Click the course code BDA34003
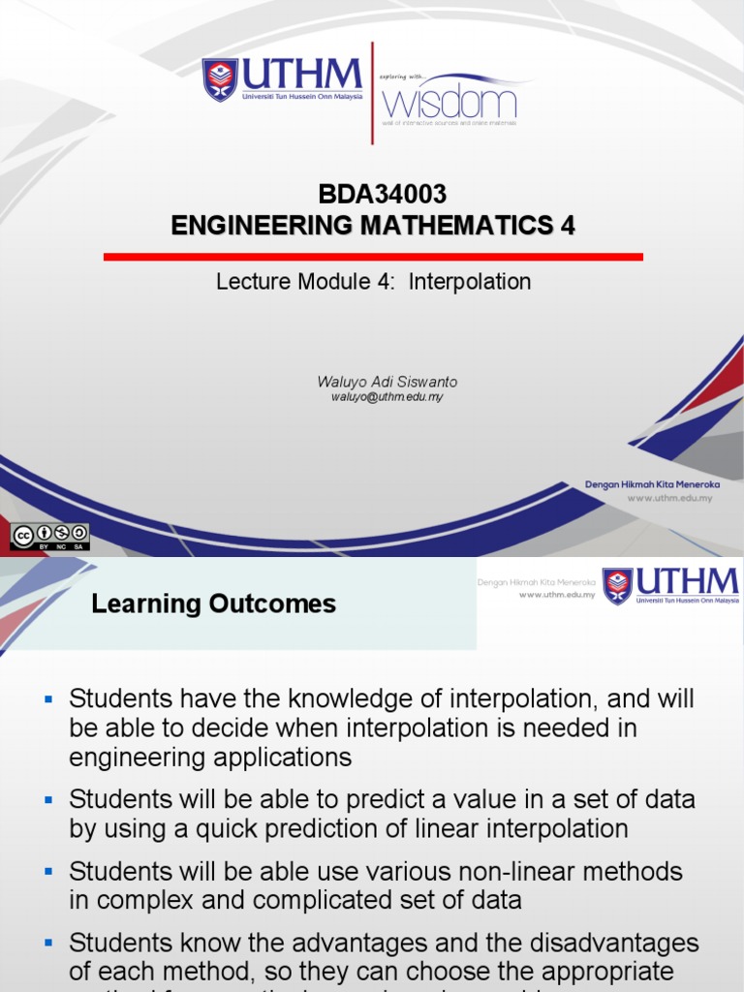373,195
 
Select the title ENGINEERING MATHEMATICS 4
373,226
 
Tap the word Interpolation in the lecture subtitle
470,282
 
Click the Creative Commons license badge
49,537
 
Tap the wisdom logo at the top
449,101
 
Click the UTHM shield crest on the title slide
220,79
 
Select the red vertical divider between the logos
373,93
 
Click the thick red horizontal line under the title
373,257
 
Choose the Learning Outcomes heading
213,604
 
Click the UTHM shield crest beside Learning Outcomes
617,586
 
